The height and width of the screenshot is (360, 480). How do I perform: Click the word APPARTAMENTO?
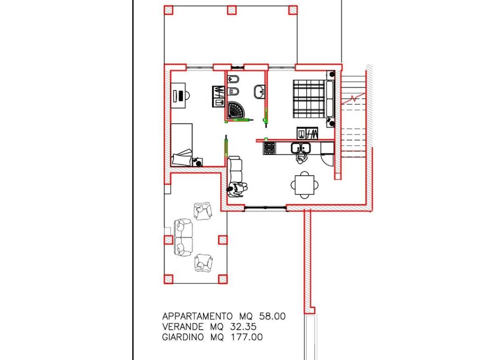[x=197, y=316]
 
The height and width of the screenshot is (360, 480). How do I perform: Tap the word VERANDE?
[x=183, y=327]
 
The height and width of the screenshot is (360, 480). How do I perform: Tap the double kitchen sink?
[x=300, y=148]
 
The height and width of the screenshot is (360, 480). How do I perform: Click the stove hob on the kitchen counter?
[x=269, y=149]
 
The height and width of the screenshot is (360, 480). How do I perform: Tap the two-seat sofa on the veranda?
[x=184, y=237]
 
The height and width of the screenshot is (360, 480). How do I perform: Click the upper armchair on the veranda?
[x=203, y=211]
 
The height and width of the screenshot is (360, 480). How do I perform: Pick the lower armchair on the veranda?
[x=203, y=262]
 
